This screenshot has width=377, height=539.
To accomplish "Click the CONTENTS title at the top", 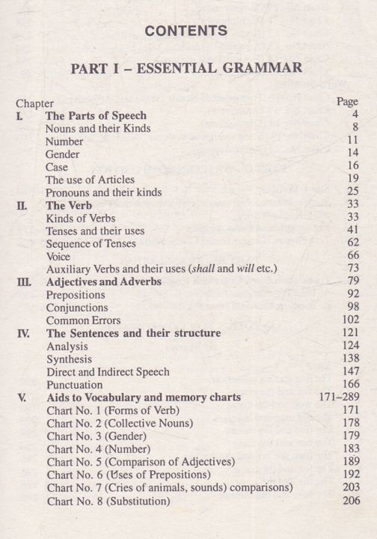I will (x=186, y=31).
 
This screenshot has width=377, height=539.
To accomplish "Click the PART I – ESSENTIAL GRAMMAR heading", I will (x=186, y=68).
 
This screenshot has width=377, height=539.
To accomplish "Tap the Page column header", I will (x=348, y=101).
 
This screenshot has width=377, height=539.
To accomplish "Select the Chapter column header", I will (x=35, y=103).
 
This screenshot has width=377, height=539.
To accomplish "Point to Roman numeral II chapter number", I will (x=22, y=205).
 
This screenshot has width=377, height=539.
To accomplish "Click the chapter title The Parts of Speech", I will (x=96, y=116).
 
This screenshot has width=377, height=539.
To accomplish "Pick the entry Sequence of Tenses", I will (x=91, y=244).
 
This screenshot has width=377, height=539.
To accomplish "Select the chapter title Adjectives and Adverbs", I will (x=103, y=282).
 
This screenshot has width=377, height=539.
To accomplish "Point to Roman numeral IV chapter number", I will (x=23, y=334).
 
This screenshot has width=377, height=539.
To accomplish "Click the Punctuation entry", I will (x=75, y=385).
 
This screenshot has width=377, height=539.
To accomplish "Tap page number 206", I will (x=350, y=500).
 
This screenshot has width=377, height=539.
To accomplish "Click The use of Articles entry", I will (x=90, y=180).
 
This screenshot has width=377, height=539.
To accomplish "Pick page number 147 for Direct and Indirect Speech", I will (x=350, y=371).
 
